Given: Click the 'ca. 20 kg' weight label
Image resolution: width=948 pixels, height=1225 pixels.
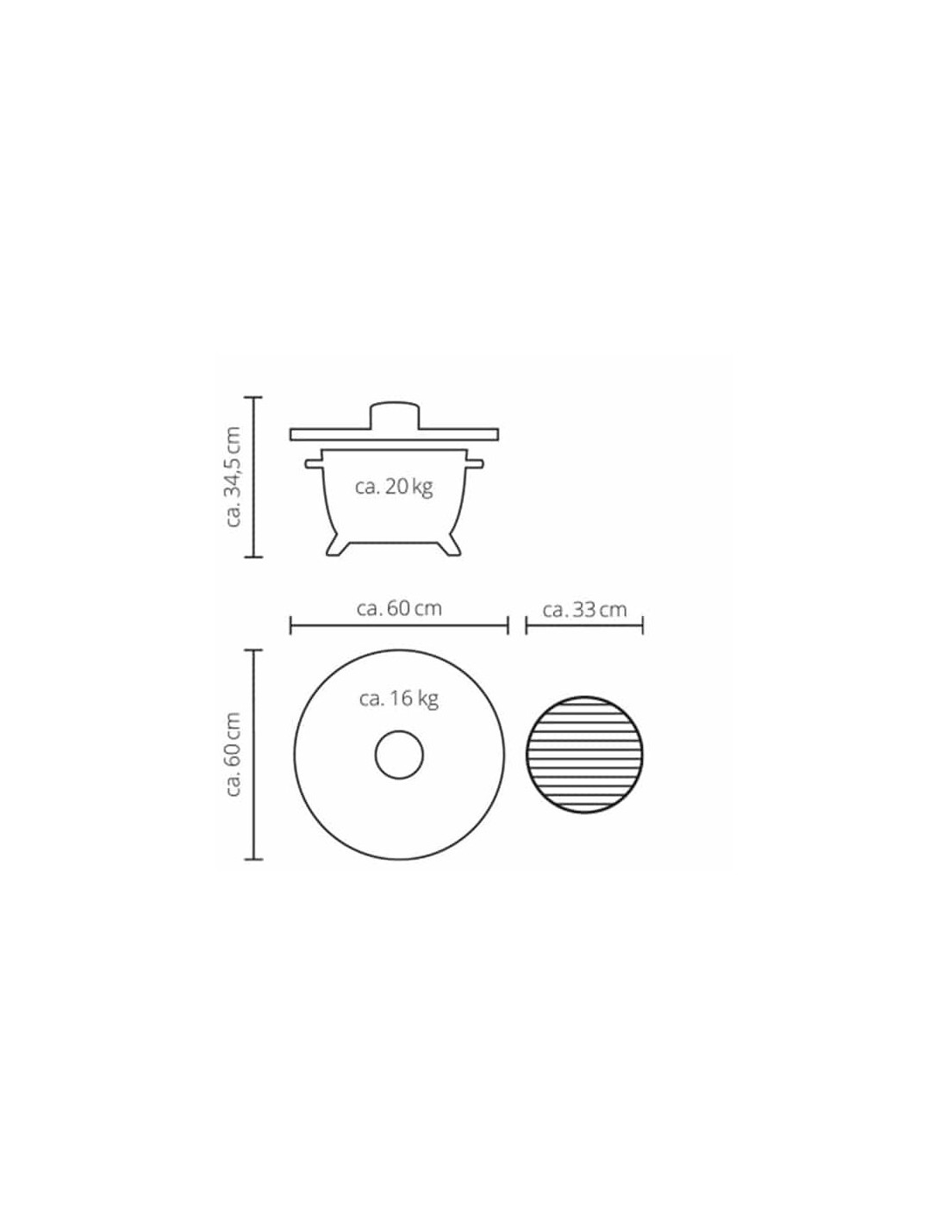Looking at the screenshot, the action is click(394, 487).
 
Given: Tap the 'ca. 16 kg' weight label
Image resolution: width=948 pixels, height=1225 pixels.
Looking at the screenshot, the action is click(398, 699).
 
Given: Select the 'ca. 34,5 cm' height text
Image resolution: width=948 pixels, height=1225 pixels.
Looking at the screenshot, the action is click(233, 477).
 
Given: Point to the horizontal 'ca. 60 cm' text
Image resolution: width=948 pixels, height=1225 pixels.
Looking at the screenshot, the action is click(399, 609).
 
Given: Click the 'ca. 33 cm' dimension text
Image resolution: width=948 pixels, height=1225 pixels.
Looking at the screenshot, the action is click(584, 610).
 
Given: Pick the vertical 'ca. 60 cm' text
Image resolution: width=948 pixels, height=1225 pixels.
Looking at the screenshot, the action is click(233, 755).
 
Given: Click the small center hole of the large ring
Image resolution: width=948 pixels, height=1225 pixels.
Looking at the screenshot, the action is click(399, 756).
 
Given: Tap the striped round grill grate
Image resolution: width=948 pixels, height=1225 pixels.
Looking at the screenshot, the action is click(584, 755).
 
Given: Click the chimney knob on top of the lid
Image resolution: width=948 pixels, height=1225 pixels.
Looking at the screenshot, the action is click(394, 415).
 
